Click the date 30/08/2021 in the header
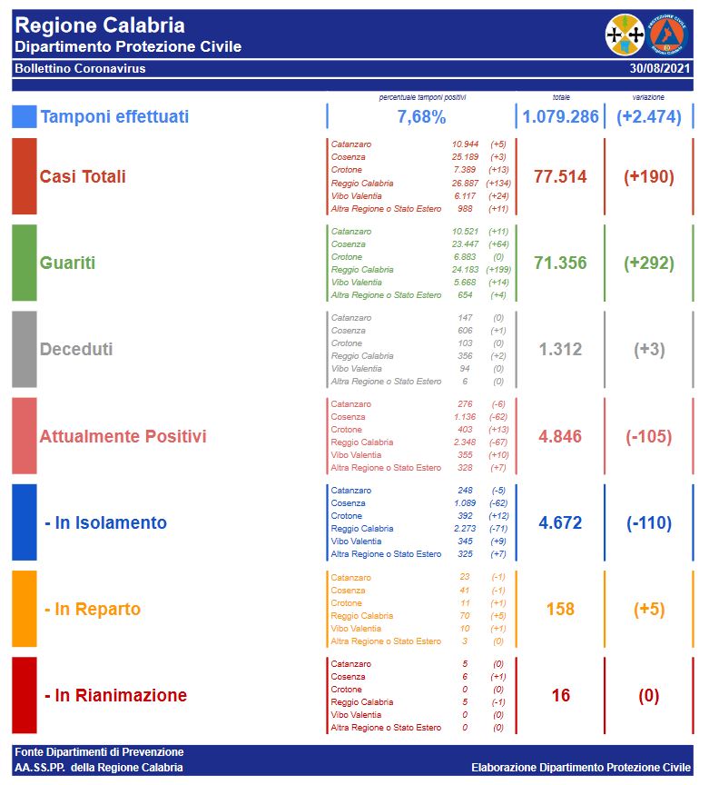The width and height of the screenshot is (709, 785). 659,68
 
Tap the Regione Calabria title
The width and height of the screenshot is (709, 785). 100,25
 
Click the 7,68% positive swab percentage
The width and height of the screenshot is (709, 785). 421,116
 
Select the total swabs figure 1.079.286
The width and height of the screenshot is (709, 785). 560,116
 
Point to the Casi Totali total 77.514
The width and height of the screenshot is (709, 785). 560,176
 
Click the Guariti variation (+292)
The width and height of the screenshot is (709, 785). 648,263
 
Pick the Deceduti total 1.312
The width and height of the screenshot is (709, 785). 560,350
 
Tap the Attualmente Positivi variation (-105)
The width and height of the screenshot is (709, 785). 648,436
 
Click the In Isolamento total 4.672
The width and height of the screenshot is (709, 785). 560,522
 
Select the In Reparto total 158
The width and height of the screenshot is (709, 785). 560,609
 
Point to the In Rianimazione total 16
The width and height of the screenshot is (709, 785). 560,696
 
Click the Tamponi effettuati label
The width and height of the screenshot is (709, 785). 114,116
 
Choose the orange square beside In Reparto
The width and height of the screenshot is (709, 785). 25,609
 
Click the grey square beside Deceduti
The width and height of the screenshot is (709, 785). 25,350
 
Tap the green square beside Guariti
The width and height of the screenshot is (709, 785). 25,263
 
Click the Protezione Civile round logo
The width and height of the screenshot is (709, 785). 668,35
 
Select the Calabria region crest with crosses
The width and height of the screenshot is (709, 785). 625,35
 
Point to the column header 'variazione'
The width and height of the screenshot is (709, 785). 648,96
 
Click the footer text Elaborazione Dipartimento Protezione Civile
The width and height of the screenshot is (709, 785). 580,768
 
